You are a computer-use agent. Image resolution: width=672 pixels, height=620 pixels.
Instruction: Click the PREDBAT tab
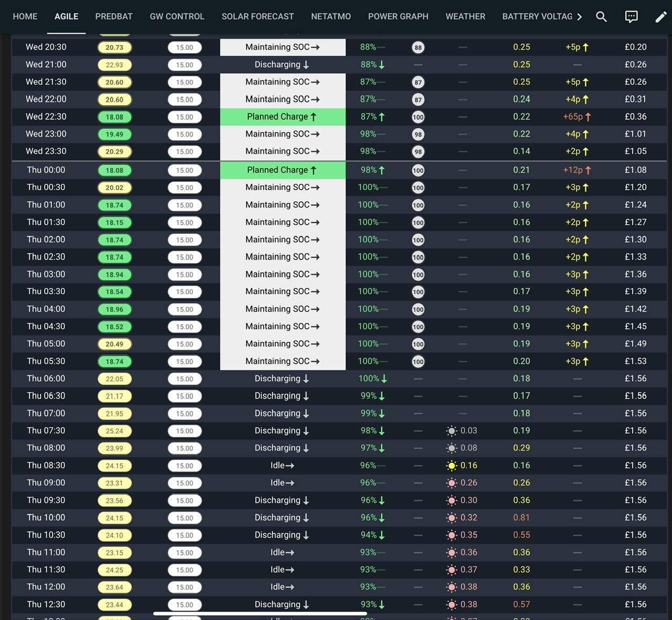[114, 16]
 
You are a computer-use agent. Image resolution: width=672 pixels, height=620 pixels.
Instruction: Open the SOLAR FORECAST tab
[257, 16]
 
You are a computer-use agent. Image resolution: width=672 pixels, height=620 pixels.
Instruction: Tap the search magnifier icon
[601, 17]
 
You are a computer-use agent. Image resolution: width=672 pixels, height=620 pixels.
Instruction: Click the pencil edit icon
[660, 17]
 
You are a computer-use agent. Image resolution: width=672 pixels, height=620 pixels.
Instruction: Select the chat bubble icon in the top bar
[631, 17]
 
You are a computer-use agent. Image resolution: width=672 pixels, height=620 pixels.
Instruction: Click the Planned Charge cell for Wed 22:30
[282, 117]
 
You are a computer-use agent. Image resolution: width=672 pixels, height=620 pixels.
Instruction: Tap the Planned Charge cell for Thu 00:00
[282, 170]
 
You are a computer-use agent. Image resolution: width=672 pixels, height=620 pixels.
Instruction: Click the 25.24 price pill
[114, 431]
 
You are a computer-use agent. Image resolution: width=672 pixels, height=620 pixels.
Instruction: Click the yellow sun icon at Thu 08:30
[451, 466]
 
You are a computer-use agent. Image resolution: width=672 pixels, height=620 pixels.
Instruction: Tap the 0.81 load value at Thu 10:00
[521, 518]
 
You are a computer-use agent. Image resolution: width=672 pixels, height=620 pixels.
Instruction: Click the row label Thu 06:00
[46, 378]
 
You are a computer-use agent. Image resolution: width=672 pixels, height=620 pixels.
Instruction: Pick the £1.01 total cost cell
[635, 134]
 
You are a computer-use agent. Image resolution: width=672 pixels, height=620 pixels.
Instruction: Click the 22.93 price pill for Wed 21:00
[114, 65]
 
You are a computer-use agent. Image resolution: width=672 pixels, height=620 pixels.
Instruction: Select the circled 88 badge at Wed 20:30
[418, 47]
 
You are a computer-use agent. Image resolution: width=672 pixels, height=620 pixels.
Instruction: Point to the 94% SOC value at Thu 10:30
[369, 535]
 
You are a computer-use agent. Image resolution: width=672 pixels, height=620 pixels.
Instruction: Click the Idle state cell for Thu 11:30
[282, 570]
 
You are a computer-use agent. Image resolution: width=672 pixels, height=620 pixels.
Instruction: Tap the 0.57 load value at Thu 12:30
[521, 604]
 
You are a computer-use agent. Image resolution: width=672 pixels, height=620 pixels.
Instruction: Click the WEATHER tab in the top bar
[465, 16]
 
